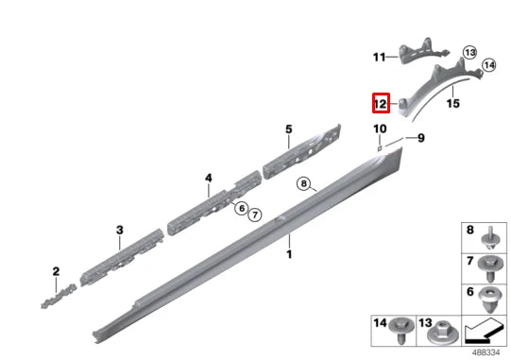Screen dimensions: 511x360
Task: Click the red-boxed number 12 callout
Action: pos(381,103)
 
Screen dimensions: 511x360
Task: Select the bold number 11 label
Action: pos(380,58)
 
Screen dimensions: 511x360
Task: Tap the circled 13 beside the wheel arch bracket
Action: pos(469,52)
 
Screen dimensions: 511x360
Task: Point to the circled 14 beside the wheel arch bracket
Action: pos(489,65)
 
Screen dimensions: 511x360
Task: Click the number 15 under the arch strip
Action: pos(453,104)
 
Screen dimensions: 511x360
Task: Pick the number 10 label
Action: pos(380,129)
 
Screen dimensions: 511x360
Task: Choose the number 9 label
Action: pos(421,138)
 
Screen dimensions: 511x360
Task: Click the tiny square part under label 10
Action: pos(380,148)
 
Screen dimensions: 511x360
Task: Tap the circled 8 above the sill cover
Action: pos(303,183)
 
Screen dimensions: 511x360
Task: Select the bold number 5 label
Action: pos(289,129)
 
